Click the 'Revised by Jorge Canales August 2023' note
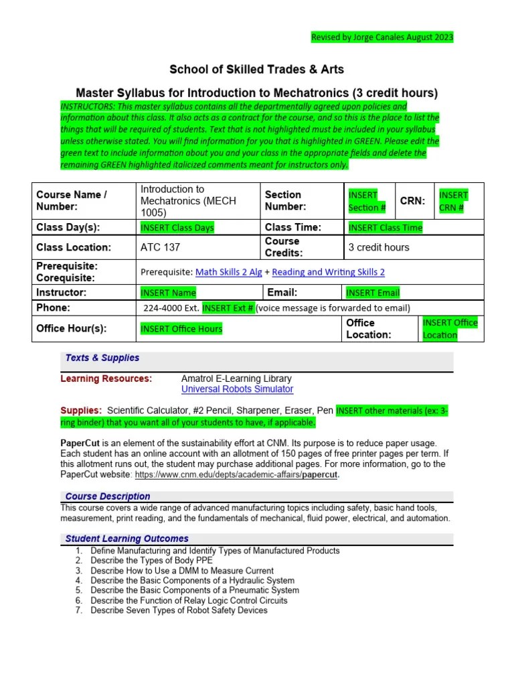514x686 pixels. [x=382, y=38]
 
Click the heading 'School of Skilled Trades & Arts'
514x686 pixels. [x=257, y=70]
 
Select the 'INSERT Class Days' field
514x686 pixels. [x=177, y=228]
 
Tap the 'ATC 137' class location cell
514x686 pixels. [x=160, y=247]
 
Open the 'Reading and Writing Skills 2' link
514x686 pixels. [x=329, y=272]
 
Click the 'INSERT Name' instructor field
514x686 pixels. [x=168, y=293]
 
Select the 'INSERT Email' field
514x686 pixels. [x=373, y=293]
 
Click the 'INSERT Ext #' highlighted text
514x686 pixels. [x=228, y=308]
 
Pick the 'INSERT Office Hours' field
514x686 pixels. [x=181, y=329]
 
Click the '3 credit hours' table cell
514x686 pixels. [x=379, y=247]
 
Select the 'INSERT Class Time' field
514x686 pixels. [x=385, y=228]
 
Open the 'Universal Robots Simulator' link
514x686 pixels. [x=237, y=389]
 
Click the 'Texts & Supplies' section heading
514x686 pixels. [x=102, y=358]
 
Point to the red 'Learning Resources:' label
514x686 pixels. [x=106, y=379]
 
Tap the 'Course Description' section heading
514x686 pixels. [x=108, y=496]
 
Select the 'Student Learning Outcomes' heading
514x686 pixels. [x=127, y=539]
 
